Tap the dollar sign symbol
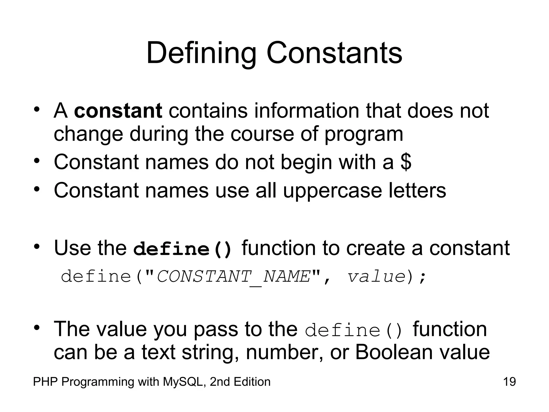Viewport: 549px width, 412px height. coord(406,162)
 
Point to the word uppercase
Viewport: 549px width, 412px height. coord(332,191)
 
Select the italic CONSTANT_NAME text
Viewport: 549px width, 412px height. coord(233,277)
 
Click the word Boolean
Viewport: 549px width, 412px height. coord(394,352)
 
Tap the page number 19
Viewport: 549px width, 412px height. coord(509,382)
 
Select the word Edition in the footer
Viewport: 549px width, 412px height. coord(252,382)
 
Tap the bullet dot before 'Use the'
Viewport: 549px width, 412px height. coord(37,247)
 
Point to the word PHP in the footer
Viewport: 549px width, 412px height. coord(45,382)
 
